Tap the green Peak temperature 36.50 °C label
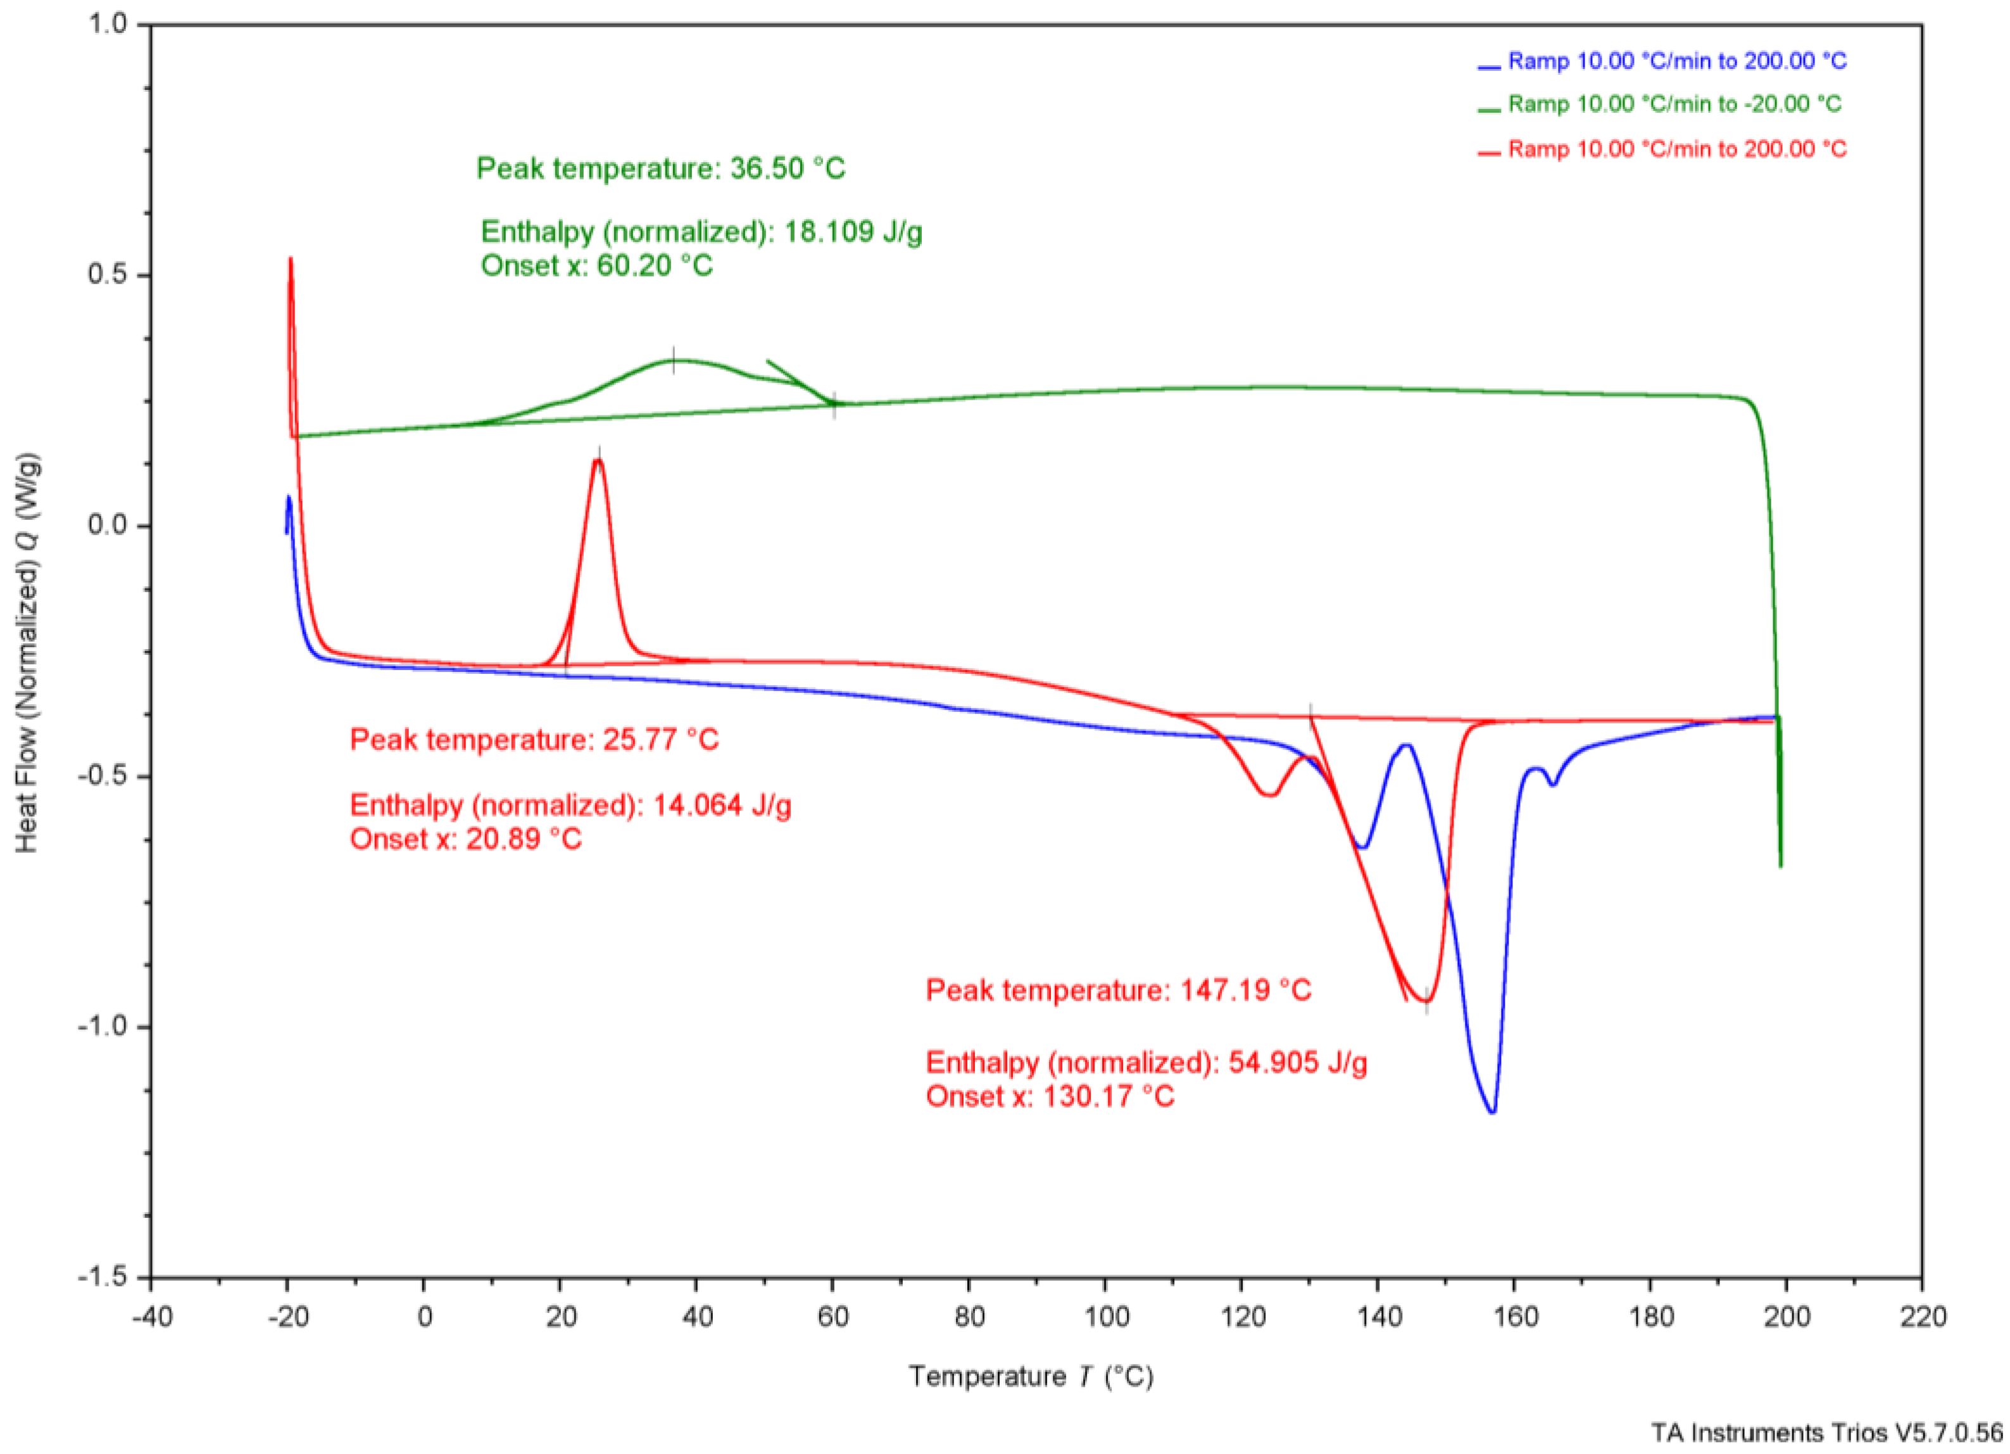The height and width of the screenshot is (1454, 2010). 660,168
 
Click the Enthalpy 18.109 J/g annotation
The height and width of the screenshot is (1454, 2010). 701,232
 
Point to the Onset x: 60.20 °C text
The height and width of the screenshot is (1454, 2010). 596,266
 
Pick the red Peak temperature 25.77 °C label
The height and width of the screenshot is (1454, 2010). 534,740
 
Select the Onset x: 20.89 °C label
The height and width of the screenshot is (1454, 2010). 465,838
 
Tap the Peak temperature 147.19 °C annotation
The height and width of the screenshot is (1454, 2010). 1119,990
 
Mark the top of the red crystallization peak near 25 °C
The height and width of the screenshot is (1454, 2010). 598,459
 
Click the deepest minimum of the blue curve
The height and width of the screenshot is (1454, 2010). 1492,1112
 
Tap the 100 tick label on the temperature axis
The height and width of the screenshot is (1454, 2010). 1105,1317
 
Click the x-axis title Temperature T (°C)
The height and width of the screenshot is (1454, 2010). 1031,1376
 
